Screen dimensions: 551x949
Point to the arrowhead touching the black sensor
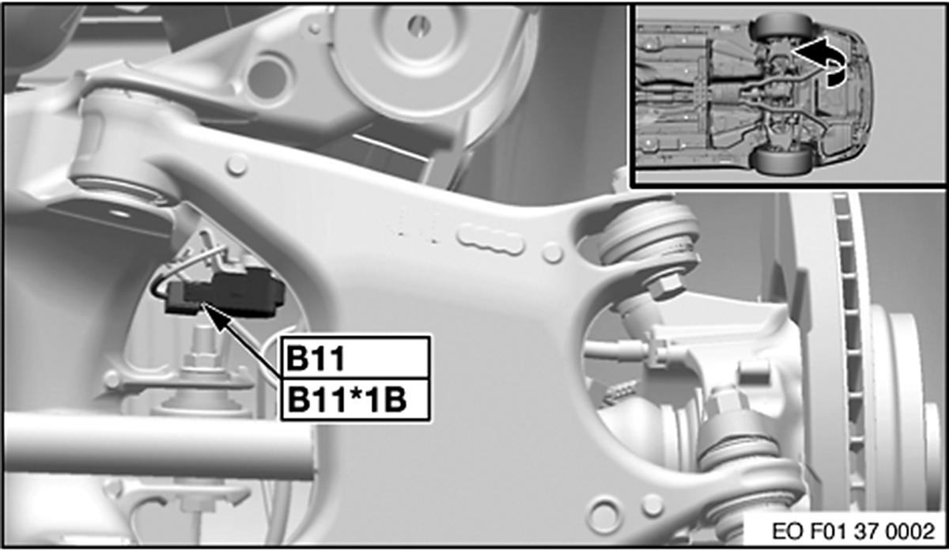point(212,312)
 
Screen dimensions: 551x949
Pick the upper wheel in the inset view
point(779,28)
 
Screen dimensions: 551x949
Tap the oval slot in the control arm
point(491,239)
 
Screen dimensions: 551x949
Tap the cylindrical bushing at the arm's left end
point(119,150)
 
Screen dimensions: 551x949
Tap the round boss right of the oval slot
point(553,253)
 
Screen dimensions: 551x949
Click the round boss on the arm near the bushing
point(235,167)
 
